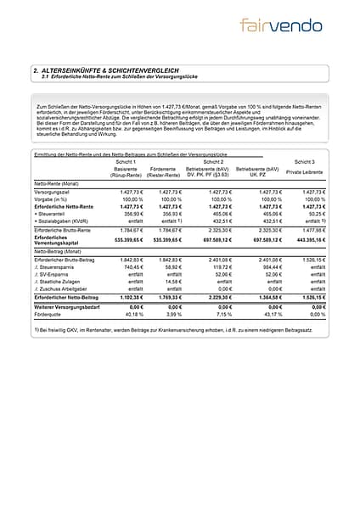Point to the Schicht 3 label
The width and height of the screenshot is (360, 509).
pyautogui.click(x=305, y=161)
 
